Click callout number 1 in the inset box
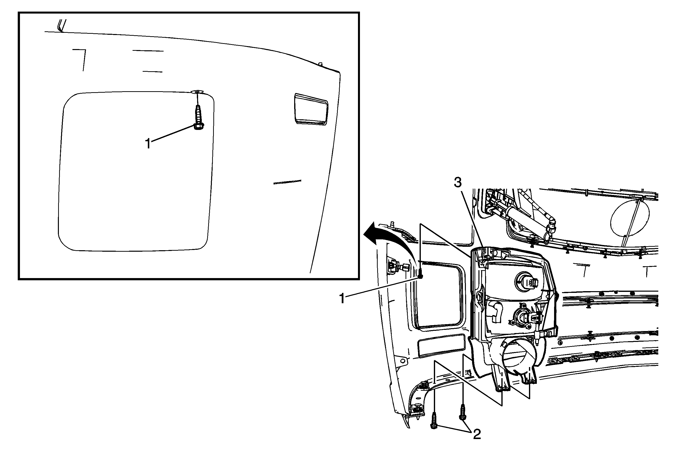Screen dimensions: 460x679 click(x=148, y=144)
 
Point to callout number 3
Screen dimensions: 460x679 click(x=457, y=183)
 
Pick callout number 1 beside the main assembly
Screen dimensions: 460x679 click(x=342, y=299)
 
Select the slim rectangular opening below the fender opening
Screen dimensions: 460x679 click(x=441, y=346)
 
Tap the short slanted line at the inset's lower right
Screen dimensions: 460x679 click(x=287, y=182)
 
